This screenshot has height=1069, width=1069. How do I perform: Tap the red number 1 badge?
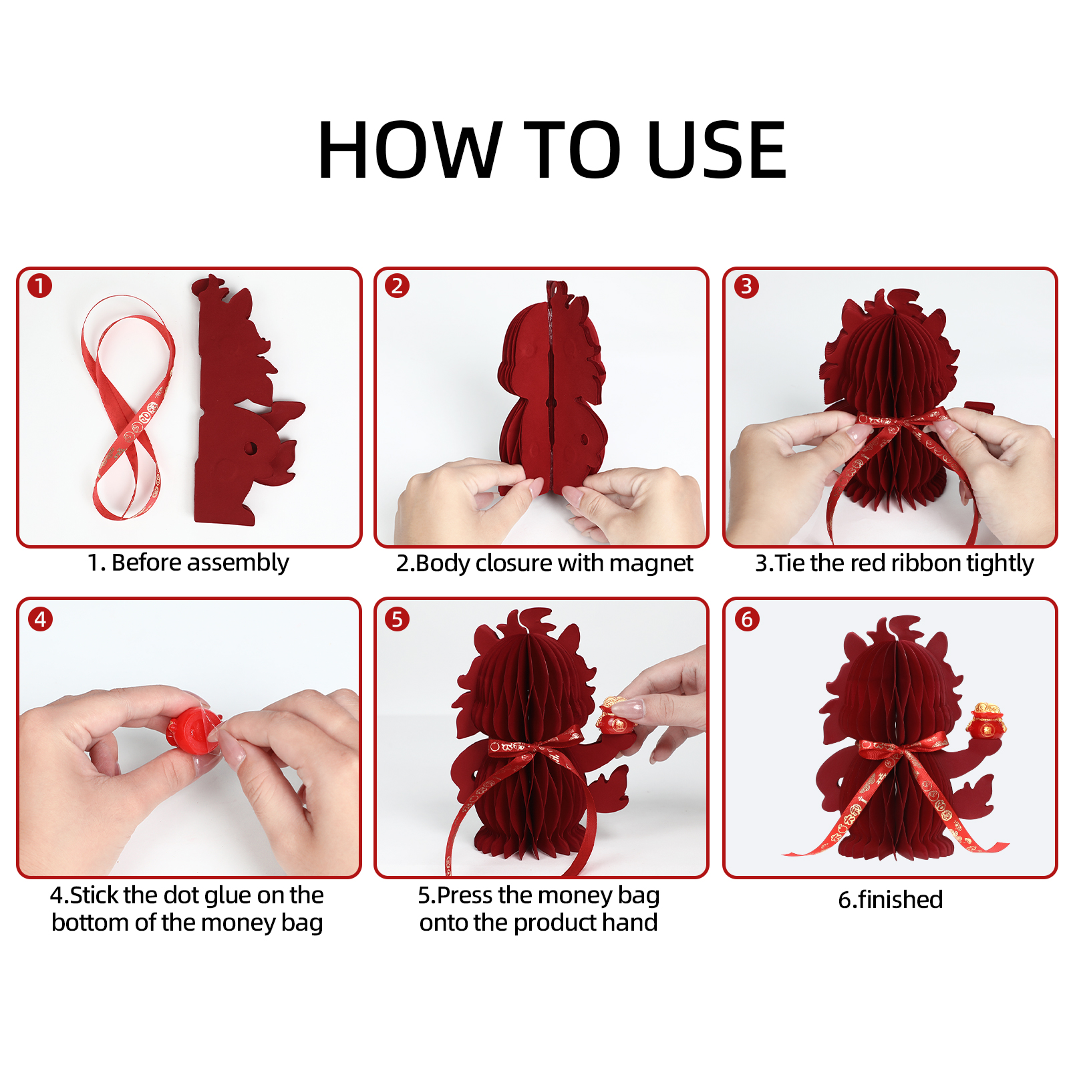[40, 286]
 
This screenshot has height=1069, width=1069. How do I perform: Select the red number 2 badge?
[397, 286]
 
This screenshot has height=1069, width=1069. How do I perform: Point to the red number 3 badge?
[746, 286]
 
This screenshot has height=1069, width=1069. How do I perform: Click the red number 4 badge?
[40, 619]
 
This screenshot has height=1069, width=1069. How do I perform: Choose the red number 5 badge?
[397, 619]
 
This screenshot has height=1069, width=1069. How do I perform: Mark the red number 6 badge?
[747, 619]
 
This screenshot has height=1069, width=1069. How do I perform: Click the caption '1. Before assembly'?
[188, 563]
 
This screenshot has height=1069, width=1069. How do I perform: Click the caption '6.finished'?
[891, 899]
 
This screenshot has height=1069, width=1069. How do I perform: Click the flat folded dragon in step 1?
[244, 401]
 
